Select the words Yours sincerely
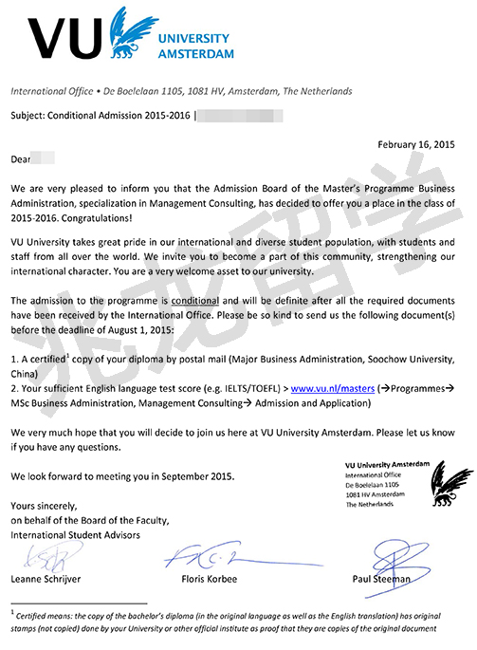click(46, 507)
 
